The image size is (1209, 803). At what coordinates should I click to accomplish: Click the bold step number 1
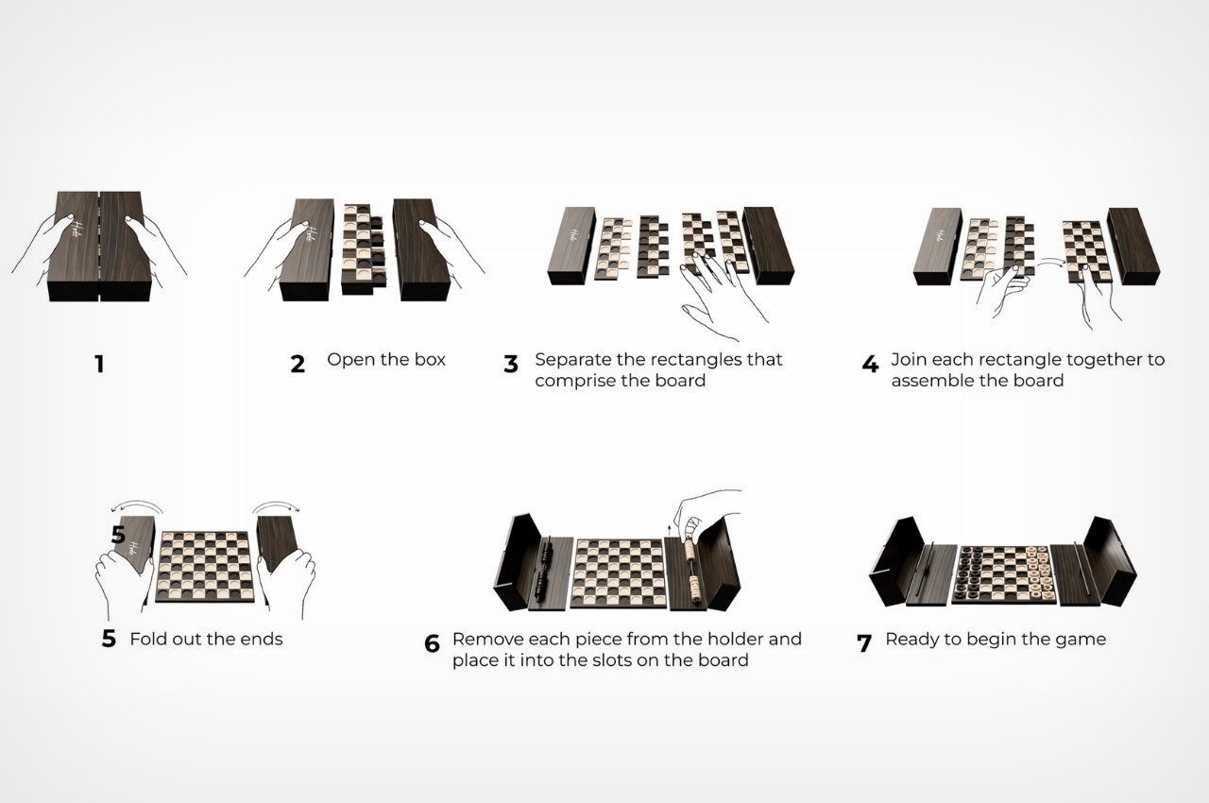[99, 365]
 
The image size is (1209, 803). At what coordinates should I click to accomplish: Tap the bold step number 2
[298, 365]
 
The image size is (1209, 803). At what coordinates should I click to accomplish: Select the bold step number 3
[511, 365]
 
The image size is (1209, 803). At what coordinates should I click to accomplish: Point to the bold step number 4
[870, 365]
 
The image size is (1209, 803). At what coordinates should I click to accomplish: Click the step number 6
[432, 643]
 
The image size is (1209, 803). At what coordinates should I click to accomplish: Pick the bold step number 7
[864, 643]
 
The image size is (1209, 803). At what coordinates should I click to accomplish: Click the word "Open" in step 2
[347, 361]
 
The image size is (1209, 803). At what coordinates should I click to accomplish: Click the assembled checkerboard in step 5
[205, 567]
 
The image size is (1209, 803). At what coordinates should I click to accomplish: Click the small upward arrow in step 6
[670, 530]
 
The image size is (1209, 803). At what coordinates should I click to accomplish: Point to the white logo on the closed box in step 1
[78, 232]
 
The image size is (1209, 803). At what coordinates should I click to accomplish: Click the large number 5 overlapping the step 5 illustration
[118, 535]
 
